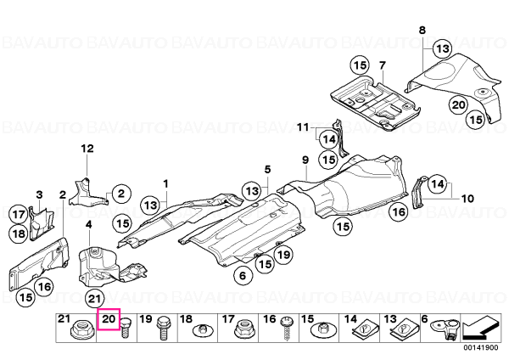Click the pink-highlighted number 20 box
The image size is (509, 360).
[x=109, y=319]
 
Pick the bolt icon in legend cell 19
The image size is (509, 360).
[x=162, y=328]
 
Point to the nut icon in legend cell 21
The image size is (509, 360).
[x=82, y=330]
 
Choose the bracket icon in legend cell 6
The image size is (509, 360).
[x=445, y=329]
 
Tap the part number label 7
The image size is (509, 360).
[x=382, y=65]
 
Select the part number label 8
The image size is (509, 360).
[x=422, y=31]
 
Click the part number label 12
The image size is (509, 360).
[x=87, y=149]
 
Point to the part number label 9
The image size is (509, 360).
[x=305, y=160]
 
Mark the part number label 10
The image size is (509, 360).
[x=467, y=198]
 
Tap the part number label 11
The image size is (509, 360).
[x=303, y=127]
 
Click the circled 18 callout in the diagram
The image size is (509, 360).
[x=19, y=233]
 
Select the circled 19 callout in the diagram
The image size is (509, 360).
[x=283, y=255]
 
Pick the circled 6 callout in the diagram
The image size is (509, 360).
[x=243, y=276]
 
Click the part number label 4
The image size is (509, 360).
[x=88, y=224]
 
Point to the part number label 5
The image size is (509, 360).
[x=267, y=169]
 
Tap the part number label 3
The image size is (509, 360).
[x=39, y=195]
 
